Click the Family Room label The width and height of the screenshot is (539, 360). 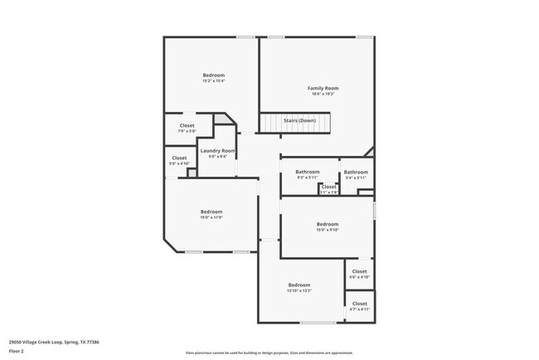coord(323,88)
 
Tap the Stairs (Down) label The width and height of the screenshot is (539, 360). coord(299,121)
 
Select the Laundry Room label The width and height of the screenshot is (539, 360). coord(217,150)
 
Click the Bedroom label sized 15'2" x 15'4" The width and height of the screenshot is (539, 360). coord(214,75)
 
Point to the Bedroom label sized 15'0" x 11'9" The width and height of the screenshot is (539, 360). coord(211,212)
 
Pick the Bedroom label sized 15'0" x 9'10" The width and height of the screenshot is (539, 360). coord(327,224)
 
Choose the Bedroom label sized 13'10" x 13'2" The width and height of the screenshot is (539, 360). coord(299,285)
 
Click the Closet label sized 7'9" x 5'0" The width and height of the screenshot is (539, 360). coord(187,125)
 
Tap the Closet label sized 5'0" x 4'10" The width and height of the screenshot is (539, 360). coord(179,158)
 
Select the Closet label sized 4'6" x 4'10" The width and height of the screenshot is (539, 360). coord(359,271)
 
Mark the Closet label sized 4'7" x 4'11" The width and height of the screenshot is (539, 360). coord(359,304)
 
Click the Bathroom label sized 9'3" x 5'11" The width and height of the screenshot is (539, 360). coord(307,172)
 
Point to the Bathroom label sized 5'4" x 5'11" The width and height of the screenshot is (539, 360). coord(356,172)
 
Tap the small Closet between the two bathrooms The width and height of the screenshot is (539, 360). coord(328,187)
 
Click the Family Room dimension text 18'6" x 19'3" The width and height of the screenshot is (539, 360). coord(323,94)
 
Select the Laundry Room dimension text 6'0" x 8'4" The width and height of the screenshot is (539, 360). coord(217,156)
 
